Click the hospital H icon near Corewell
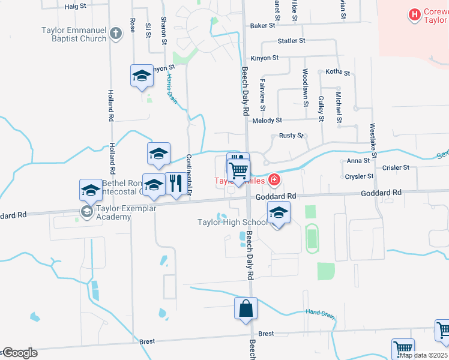click(x=414, y=14)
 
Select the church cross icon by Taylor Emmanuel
click(x=116, y=37)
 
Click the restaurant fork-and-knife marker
click(x=175, y=184)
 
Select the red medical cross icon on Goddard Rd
click(x=274, y=179)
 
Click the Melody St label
click(x=267, y=121)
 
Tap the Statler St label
click(x=292, y=41)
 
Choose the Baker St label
click(x=262, y=26)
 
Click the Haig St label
click(x=76, y=6)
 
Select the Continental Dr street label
click(x=188, y=175)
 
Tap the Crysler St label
click(x=360, y=176)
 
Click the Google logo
click(x=20, y=352)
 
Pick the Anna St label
click(x=358, y=161)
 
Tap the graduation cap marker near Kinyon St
click(x=142, y=76)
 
